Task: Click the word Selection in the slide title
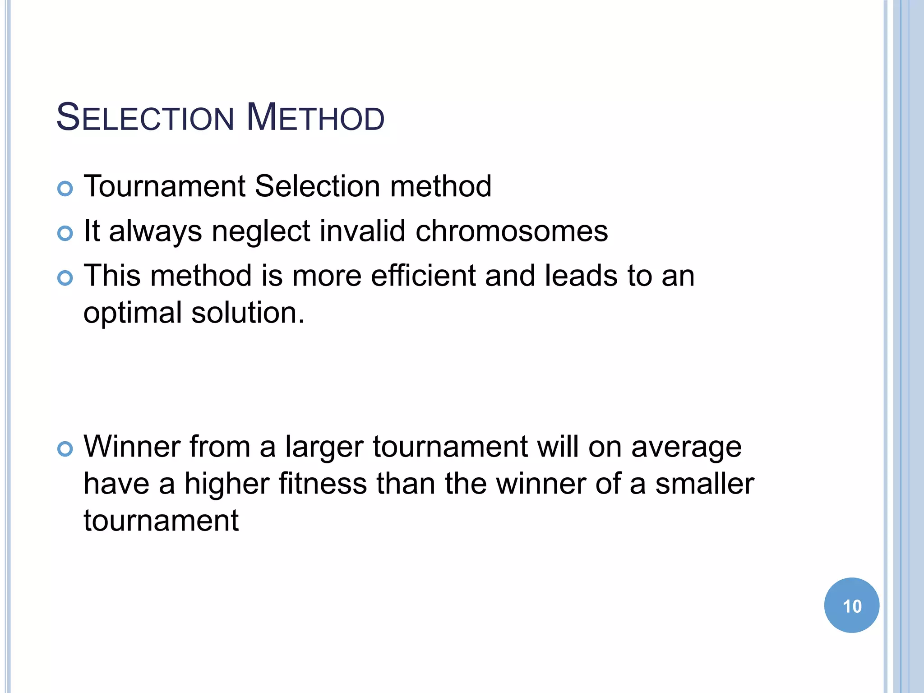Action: click(145, 118)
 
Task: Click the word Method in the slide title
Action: click(315, 118)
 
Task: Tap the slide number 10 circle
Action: click(851, 605)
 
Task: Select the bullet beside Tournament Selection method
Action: click(65, 189)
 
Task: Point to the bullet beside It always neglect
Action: click(65, 233)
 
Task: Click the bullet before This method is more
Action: click(65, 278)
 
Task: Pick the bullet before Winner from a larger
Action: click(65, 449)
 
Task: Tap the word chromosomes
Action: click(512, 231)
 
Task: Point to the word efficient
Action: click(423, 276)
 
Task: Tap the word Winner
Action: click(132, 447)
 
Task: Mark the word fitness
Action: click(323, 484)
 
